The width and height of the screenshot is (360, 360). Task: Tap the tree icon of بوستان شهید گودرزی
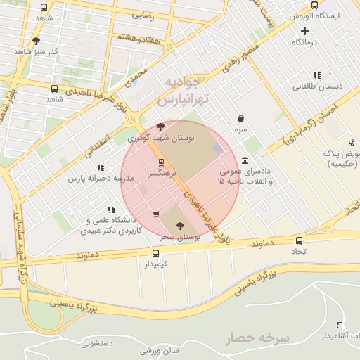point(161,127)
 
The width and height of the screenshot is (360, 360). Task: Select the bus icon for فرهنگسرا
point(161,162)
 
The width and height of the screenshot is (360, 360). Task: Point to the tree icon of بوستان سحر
point(180,226)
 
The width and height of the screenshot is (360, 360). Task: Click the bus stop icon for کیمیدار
point(156,253)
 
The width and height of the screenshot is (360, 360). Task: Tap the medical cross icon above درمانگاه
point(304,31)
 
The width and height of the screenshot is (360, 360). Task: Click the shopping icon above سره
point(241,118)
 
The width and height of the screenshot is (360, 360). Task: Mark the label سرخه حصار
point(257,338)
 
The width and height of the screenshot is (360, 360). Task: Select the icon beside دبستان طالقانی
point(317,75)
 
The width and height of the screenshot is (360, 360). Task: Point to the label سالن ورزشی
point(160,350)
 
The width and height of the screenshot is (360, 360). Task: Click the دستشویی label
point(97,344)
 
